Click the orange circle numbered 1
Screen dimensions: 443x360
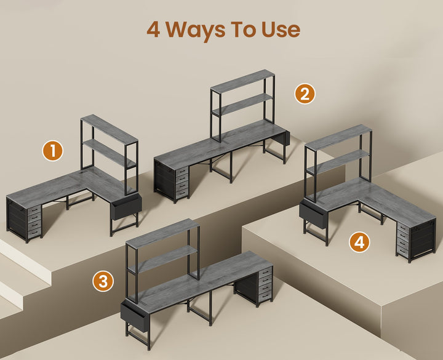click(52, 151)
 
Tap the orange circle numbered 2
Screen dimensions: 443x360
click(305, 94)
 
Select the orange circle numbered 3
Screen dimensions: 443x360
click(103, 281)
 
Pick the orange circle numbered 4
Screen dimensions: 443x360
click(359, 242)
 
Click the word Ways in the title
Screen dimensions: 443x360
click(195, 30)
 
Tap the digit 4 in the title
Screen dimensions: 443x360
click(153, 30)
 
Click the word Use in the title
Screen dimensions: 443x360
click(281, 30)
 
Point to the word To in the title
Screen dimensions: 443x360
click(243, 30)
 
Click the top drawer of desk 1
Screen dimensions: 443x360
click(34, 209)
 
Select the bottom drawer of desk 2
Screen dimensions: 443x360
click(182, 193)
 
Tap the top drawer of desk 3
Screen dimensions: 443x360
click(266, 272)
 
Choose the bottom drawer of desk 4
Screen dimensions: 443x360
click(402, 251)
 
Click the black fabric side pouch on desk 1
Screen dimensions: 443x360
click(126, 206)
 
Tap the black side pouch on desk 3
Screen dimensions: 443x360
click(135, 316)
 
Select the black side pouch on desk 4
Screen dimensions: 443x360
click(313, 213)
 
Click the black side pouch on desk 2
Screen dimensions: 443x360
click(284, 138)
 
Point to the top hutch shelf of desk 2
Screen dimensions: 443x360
click(242, 81)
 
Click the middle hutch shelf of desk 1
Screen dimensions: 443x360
click(110, 153)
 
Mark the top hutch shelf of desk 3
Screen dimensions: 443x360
click(162, 233)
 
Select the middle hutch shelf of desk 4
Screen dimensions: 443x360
click(338, 161)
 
